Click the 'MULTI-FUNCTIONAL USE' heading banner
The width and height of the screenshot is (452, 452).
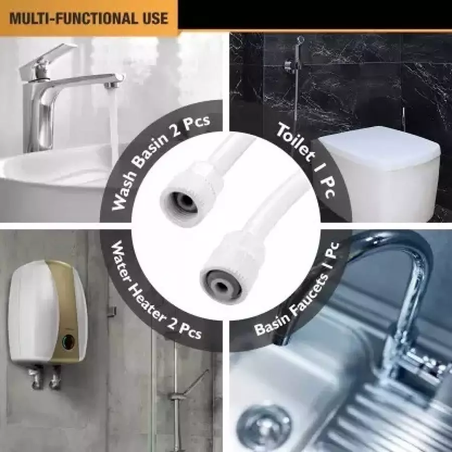[89, 19]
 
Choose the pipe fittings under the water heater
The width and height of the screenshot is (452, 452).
[43, 377]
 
